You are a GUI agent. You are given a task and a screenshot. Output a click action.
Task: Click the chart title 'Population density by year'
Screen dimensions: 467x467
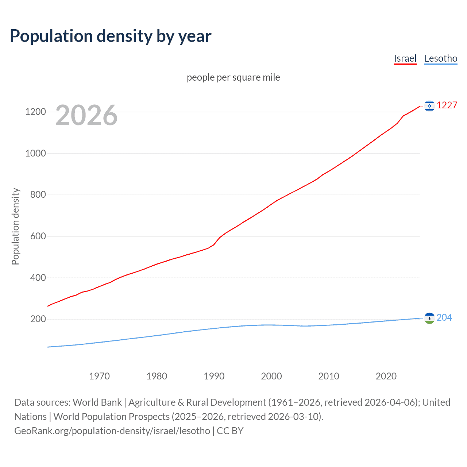point(111,36)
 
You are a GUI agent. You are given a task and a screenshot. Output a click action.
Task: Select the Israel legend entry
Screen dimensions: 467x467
point(405,59)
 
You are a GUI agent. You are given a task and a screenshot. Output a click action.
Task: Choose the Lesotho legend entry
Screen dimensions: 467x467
point(441,59)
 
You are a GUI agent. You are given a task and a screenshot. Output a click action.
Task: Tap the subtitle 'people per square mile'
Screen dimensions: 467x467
point(233,77)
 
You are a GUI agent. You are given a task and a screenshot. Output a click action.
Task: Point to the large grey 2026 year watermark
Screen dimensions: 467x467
point(86,115)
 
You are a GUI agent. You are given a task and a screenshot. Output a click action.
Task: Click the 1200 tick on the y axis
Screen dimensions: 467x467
point(35,112)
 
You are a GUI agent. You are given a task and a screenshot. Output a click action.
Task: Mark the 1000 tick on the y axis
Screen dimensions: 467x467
point(35,153)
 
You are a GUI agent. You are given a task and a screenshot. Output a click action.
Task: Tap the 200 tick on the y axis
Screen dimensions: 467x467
point(38,319)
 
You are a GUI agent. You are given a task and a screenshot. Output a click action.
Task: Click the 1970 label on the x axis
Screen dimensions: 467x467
point(99,376)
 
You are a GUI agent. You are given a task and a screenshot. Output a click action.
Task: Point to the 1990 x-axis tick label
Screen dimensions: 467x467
point(214,376)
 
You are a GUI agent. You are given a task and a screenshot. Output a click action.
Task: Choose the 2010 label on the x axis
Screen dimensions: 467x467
point(329,376)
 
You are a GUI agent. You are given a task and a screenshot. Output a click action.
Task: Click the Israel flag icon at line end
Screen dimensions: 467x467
point(429,106)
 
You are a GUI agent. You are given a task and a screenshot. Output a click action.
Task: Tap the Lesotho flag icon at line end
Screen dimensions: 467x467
point(429,318)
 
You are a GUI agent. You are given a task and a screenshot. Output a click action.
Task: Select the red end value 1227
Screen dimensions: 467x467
point(447,105)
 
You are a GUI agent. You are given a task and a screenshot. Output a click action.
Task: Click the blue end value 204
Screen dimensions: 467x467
point(444,318)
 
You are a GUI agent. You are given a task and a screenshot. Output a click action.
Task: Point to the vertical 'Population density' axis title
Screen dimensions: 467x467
point(15,226)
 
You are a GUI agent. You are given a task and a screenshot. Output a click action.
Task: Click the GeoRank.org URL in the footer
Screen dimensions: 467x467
point(112,431)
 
